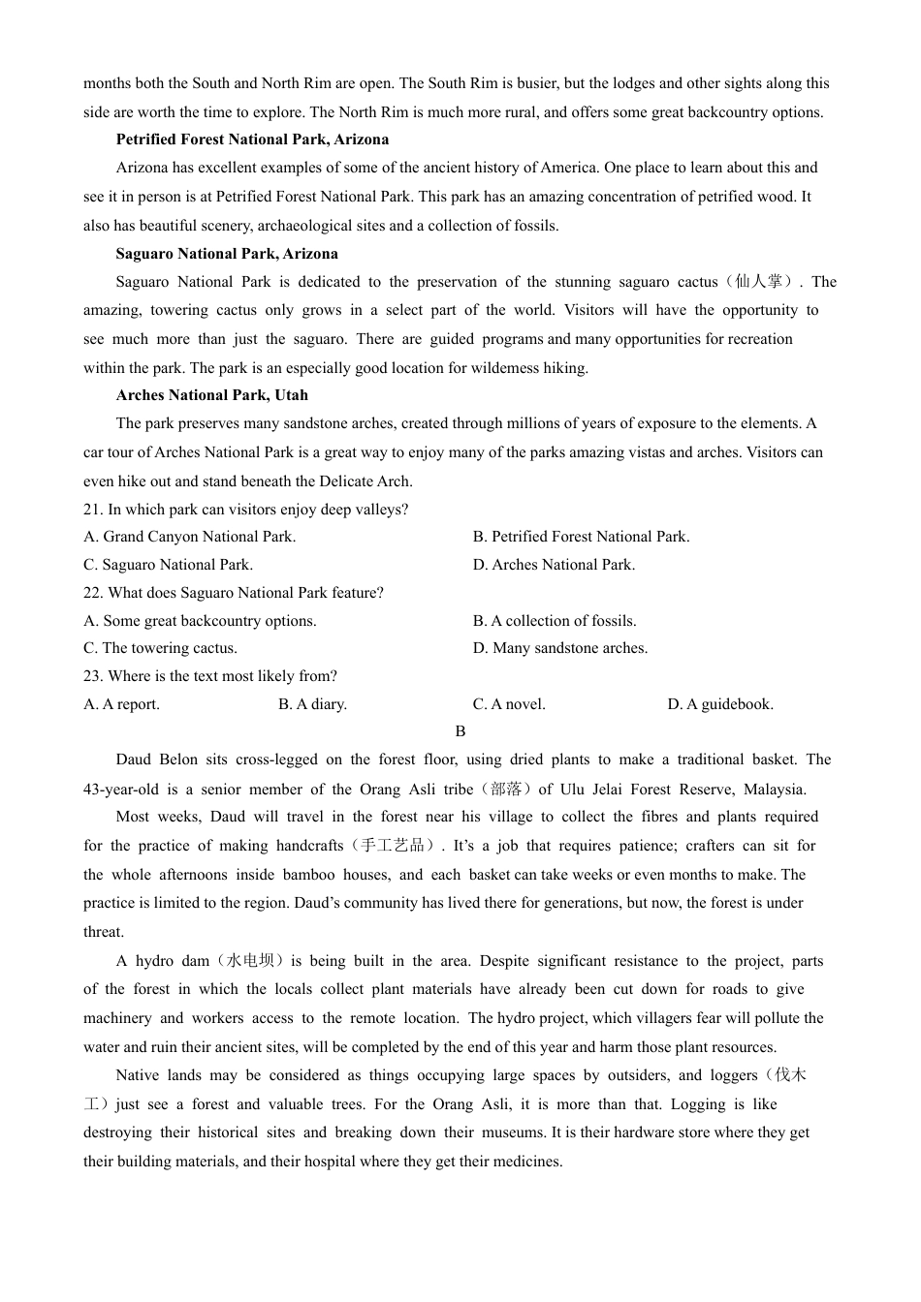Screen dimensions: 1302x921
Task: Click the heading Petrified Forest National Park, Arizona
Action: [x=252, y=139]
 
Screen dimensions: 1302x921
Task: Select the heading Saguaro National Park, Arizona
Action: [x=227, y=254]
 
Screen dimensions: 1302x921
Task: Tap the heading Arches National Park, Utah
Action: [x=211, y=395]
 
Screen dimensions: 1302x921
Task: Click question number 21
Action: [x=93, y=510]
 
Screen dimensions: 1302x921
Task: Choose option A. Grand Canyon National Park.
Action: [x=190, y=537]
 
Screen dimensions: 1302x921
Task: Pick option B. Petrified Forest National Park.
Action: [x=581, y=537]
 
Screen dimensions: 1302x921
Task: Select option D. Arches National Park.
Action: [x=554, y=565]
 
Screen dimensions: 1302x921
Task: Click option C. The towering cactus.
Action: [x=160, y=648]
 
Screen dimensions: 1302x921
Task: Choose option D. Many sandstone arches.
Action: [x=559, y=648]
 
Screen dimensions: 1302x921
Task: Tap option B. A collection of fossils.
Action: [x=555, y=621]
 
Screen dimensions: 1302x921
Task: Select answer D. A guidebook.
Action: [x=719, y=704]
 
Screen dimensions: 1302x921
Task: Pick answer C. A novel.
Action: [x=509, y=704]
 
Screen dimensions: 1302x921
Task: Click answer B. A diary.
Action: [x=312, y=704]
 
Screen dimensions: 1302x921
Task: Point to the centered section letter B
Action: [x=460, y=731]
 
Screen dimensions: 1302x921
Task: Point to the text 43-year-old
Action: [x=121, y=790]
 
